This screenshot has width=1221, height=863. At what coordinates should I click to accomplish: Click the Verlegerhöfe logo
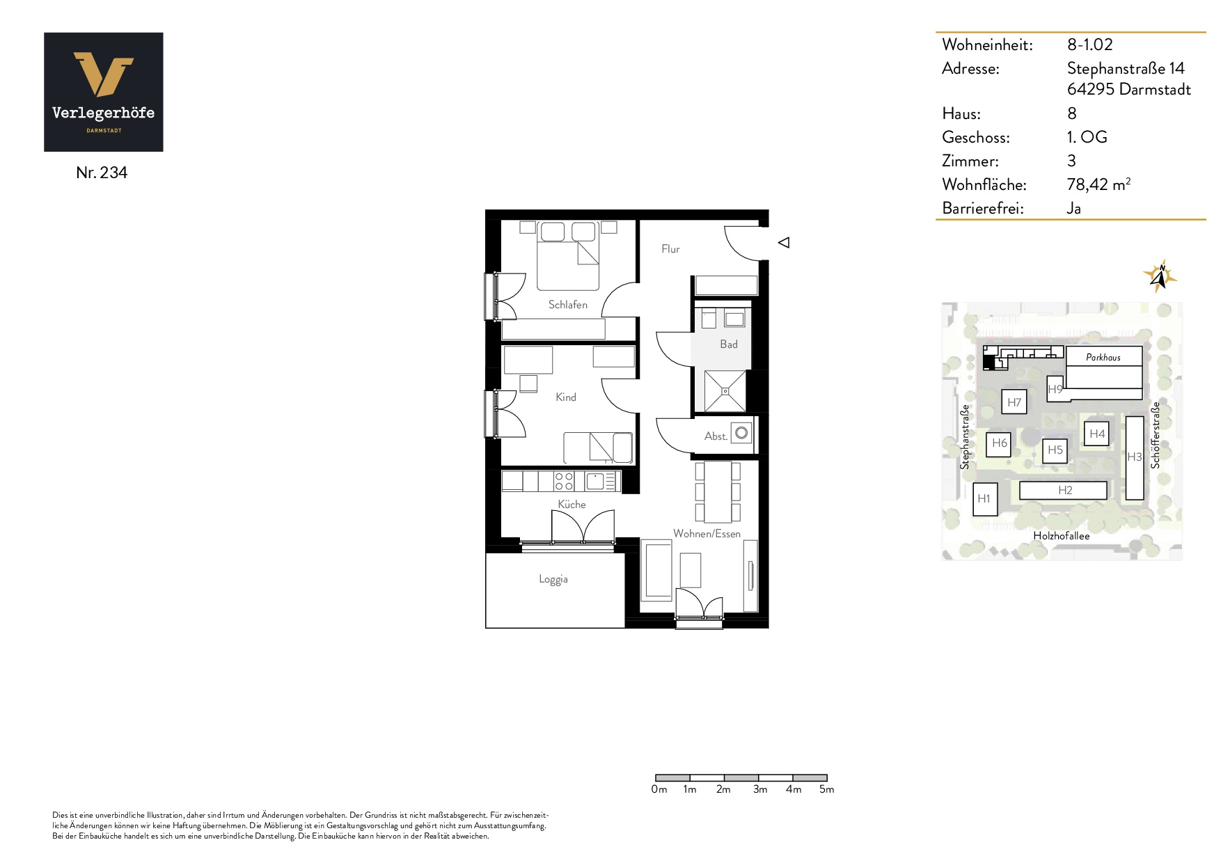click(x=104, y=92)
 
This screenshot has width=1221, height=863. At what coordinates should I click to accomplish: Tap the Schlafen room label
click(x=567, y=305)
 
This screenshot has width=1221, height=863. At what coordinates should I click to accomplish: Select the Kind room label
click(x=566, y=397)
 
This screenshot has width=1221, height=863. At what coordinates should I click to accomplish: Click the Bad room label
click(x=729, y=345)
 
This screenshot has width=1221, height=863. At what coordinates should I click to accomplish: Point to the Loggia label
click(x=553, y=579)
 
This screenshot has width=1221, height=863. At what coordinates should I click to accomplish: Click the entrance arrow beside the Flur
click(x=784, y=243)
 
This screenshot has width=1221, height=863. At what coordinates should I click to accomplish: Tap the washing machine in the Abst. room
click(x=741, y=433)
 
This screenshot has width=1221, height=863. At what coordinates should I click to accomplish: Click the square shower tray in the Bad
click(x=725, y=391)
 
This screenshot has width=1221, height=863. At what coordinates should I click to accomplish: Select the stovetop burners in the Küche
click(x=564, y=482)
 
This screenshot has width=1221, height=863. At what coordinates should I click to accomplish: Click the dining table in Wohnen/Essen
click(x=718, y=492)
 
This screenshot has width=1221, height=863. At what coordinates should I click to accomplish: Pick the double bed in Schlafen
click(x=568, y=255)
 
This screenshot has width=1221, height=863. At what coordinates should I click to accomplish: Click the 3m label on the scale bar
click(x=760, y=789)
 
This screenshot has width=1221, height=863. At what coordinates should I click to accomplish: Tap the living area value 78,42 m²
click(x=1098, y=184)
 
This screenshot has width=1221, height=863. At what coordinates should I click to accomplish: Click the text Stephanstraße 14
click(x=1126, y=68)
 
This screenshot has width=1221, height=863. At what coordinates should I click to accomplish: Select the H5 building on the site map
click(x=1055, y=450)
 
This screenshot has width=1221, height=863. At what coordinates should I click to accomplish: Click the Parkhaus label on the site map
click(x=1103, y=358)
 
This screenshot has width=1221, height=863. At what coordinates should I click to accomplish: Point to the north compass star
click(x=1160, y=276)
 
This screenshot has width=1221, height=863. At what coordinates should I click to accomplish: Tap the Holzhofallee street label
click(x=1062, y=536)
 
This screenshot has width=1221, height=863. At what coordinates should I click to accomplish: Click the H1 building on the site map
click(x=984, y=499)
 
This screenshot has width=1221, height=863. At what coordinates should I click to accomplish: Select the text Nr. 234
click(x=102, y=173)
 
